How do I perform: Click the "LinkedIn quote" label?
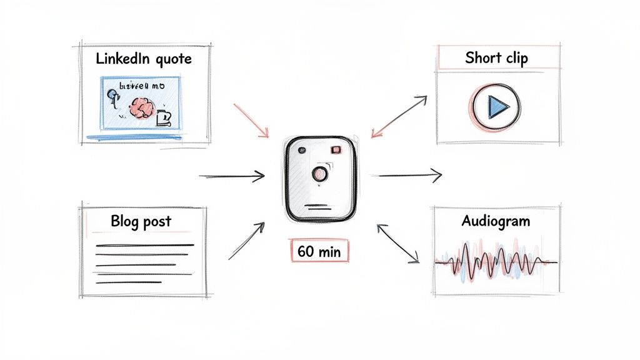point(143,60)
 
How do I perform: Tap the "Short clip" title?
point(496,58)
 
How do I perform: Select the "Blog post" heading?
point(141,221)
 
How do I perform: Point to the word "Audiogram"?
point(496,221)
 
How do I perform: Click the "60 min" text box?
point(319,252)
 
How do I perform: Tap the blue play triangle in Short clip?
point(497,108)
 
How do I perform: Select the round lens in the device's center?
point(319,174)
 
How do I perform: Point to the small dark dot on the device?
point(302,151)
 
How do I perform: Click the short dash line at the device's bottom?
point(319,205)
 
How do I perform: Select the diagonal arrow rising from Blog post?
point(246,241)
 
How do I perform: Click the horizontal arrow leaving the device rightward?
point(409,176)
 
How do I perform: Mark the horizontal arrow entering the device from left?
point(232,177)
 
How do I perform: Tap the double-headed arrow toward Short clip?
point(399,117)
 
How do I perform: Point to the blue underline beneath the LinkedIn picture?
point(134,137)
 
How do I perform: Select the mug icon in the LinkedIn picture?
point(164,117)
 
